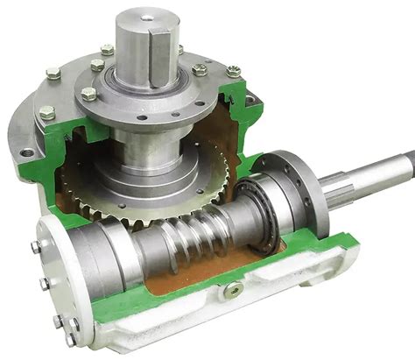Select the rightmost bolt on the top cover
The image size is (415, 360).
click(x=233, y=71)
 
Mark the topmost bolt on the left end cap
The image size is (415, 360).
click(x=37, y=248)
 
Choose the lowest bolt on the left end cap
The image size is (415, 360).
click(x=69, y=337)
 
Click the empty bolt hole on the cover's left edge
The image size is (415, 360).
click(x=26, y=152)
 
